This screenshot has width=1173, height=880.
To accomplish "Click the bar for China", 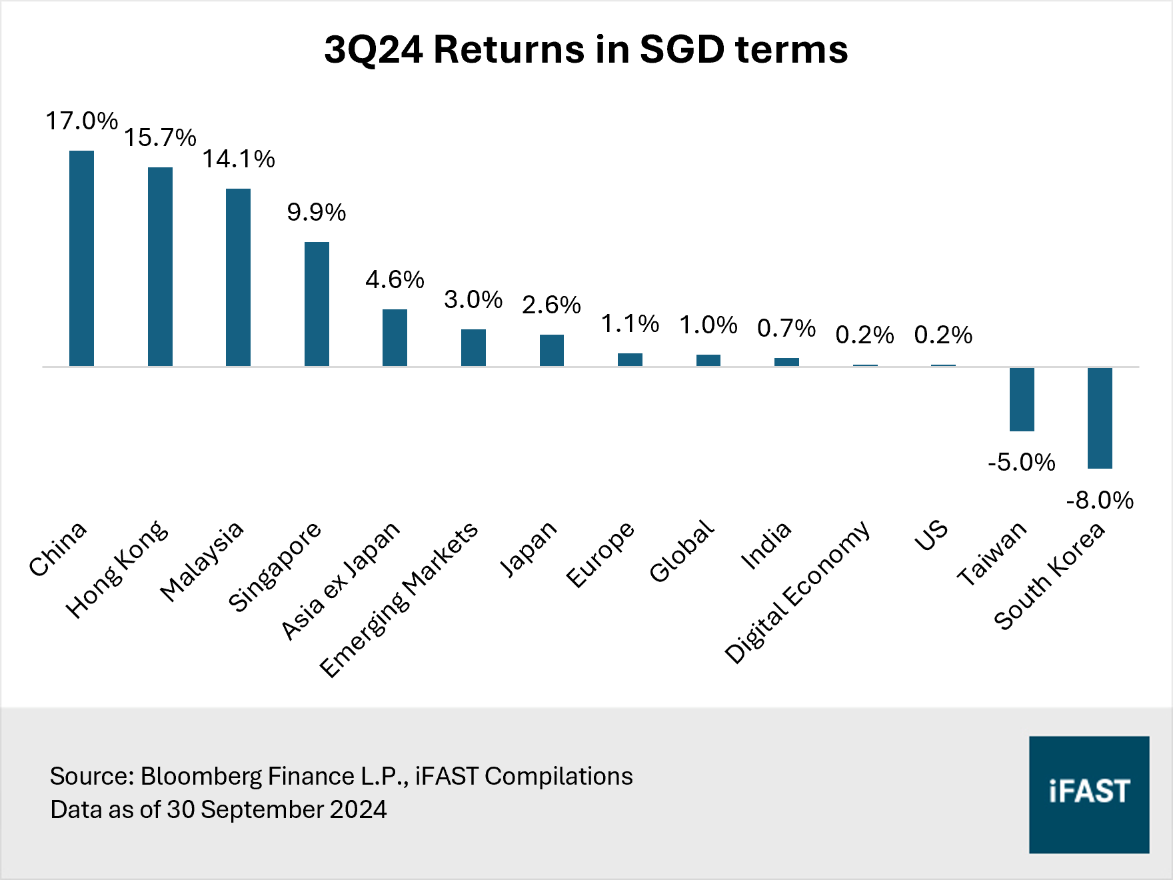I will click(81, 259).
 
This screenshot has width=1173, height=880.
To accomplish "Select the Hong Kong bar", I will click(160, 267).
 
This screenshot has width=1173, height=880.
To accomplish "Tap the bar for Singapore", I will click(317, 304).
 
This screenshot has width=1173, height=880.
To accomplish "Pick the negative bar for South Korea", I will click(1100, 418).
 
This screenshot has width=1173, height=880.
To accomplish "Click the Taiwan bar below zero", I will click(1022, 399).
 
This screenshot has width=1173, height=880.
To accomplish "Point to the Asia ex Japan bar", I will click(395, 337).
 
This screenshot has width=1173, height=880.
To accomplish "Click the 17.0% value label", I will click(81, 121).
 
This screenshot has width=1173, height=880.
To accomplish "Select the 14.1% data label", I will click(239, 159).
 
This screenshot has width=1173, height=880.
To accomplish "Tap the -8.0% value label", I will click(1100, 500).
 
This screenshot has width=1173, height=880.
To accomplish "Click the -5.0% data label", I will click(1022, 462).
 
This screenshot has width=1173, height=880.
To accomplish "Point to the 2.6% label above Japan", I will click(551, 305).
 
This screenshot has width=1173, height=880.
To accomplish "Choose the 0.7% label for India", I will click(786, 328).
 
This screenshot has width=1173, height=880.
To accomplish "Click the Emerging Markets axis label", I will click(399, 599).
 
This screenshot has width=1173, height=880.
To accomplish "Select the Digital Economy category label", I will click(797, 592).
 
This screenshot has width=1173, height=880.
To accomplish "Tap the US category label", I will click(930, 535).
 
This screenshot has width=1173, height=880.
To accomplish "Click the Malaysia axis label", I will click(202, 561).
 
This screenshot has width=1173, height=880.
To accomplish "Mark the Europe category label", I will click(600, 555).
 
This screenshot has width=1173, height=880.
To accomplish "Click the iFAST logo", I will click(1089, 794).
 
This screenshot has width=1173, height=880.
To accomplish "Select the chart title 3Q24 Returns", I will click(585, 49).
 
